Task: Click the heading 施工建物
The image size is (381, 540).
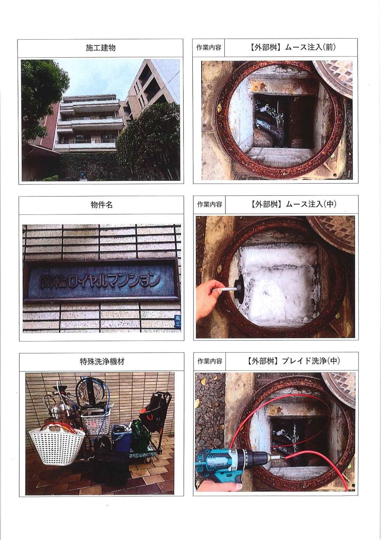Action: click(x=101, y=48)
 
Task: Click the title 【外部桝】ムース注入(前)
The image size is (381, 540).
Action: click(x=292, y=47)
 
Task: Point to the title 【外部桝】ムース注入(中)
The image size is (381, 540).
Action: click(x=292, y=204)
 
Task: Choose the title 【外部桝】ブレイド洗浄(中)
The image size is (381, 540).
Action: click(x=292, y=361)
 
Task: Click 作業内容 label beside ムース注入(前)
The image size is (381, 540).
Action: click(x=209, y=47)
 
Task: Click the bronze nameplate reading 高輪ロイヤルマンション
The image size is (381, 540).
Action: click(x=101, y=280)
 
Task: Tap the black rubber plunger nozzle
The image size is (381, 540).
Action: click(x=238, y=286)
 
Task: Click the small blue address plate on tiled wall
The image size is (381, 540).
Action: click(x=177, y=320)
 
